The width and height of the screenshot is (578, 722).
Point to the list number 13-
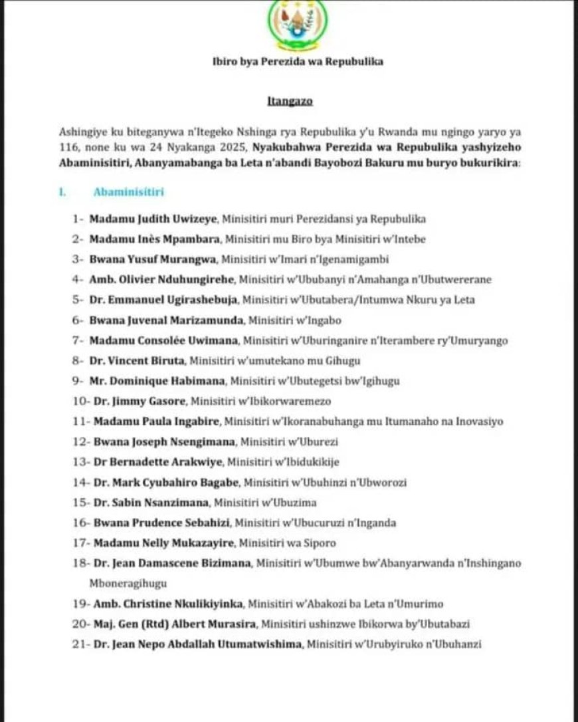pos(80,461)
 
